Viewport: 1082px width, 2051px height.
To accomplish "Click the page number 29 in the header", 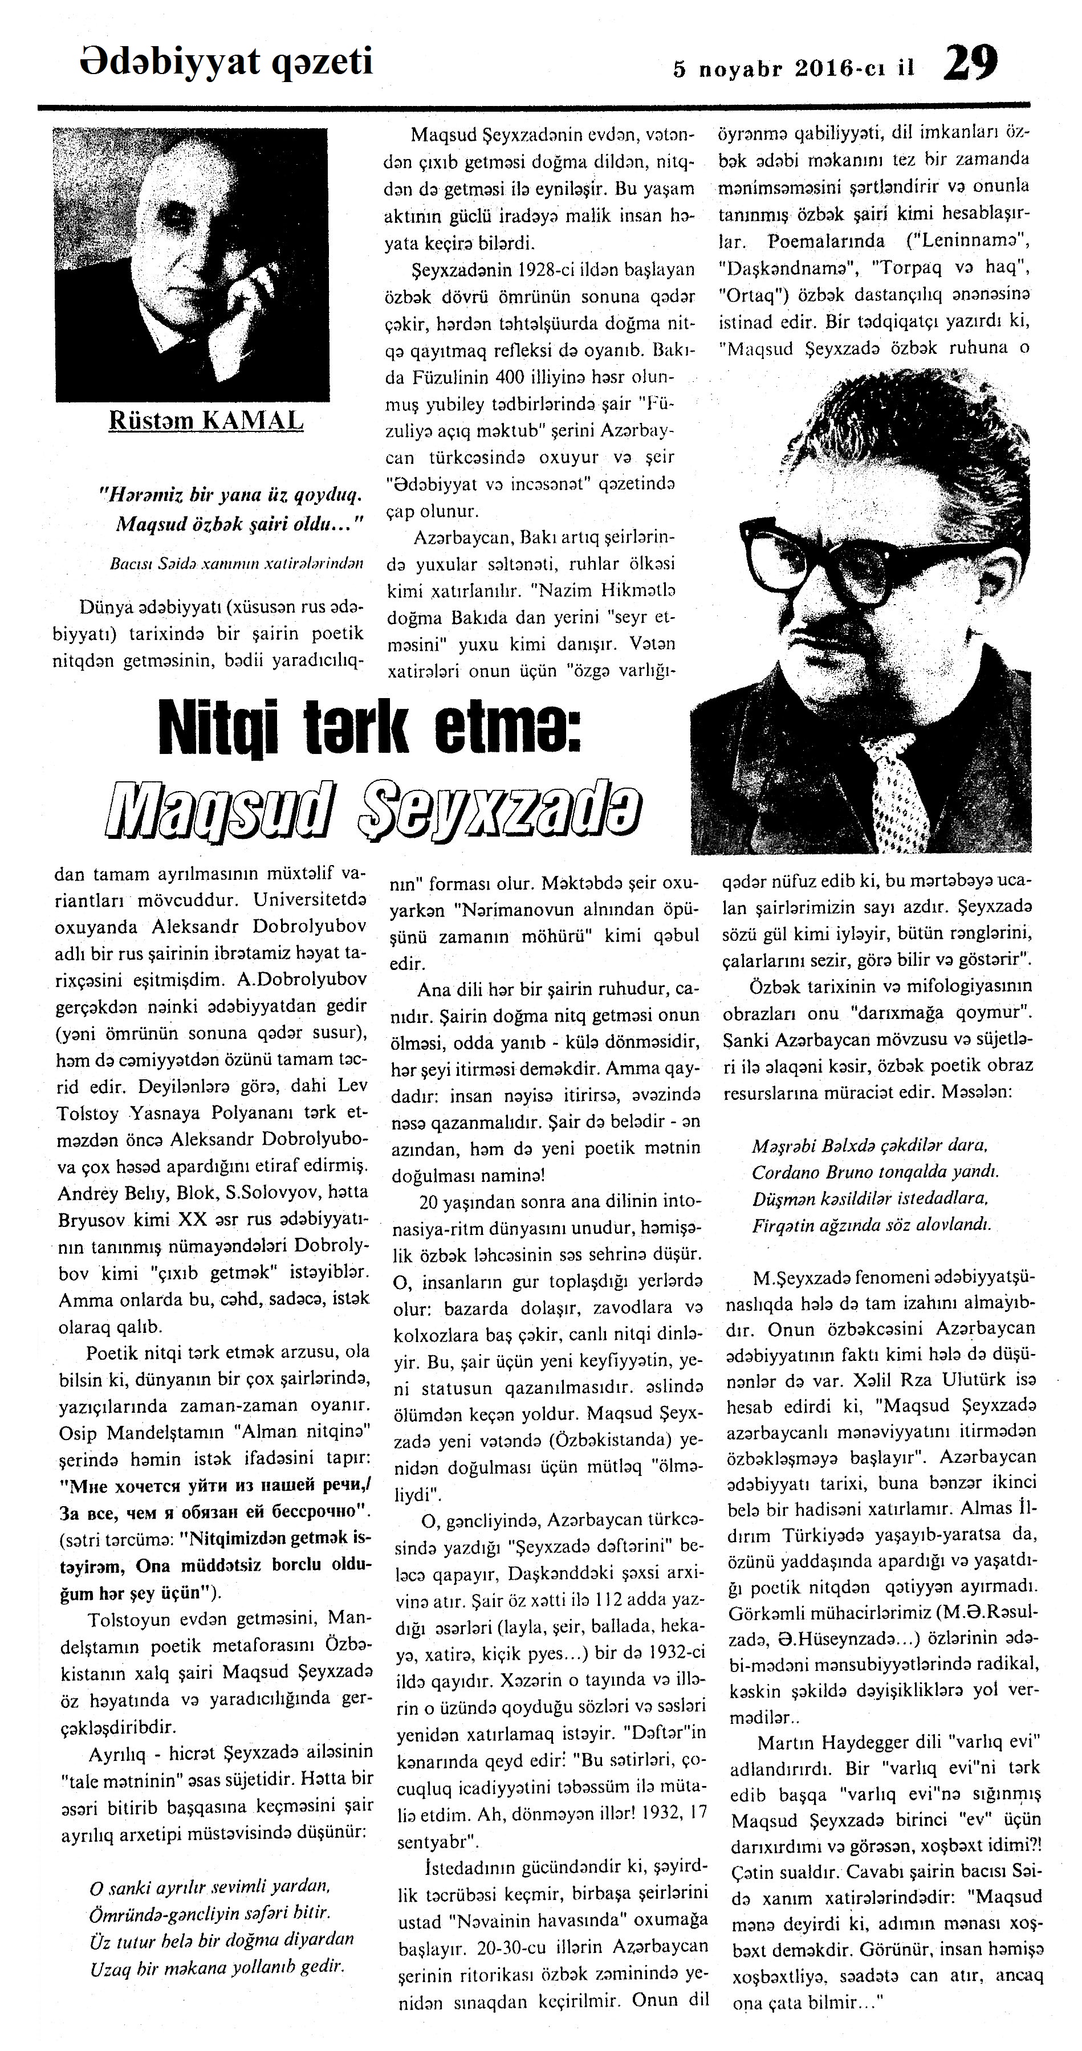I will (970, 62).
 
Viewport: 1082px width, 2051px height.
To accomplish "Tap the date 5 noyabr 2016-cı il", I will (793, 68).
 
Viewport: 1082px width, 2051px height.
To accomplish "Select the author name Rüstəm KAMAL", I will (205, 419).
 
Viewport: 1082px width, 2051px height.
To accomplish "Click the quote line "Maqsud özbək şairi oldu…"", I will (239, 524).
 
